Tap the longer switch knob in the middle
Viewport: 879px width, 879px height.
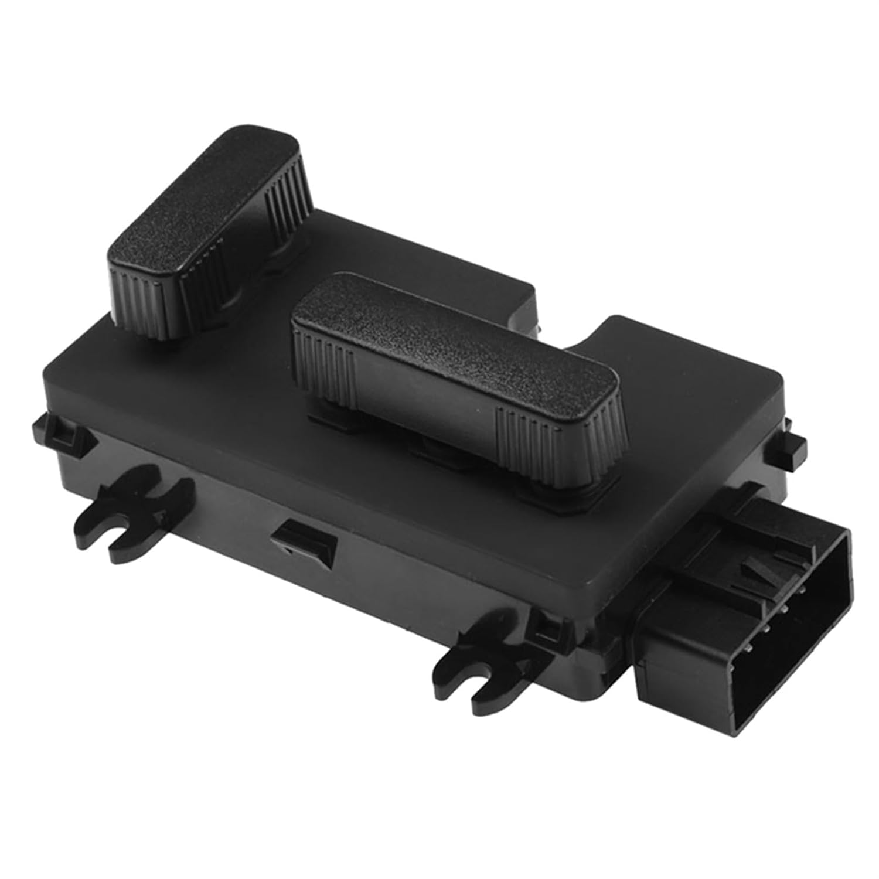point(457,375)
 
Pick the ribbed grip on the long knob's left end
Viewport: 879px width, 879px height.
point(325,363)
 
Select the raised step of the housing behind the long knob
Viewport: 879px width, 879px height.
point(674,346)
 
